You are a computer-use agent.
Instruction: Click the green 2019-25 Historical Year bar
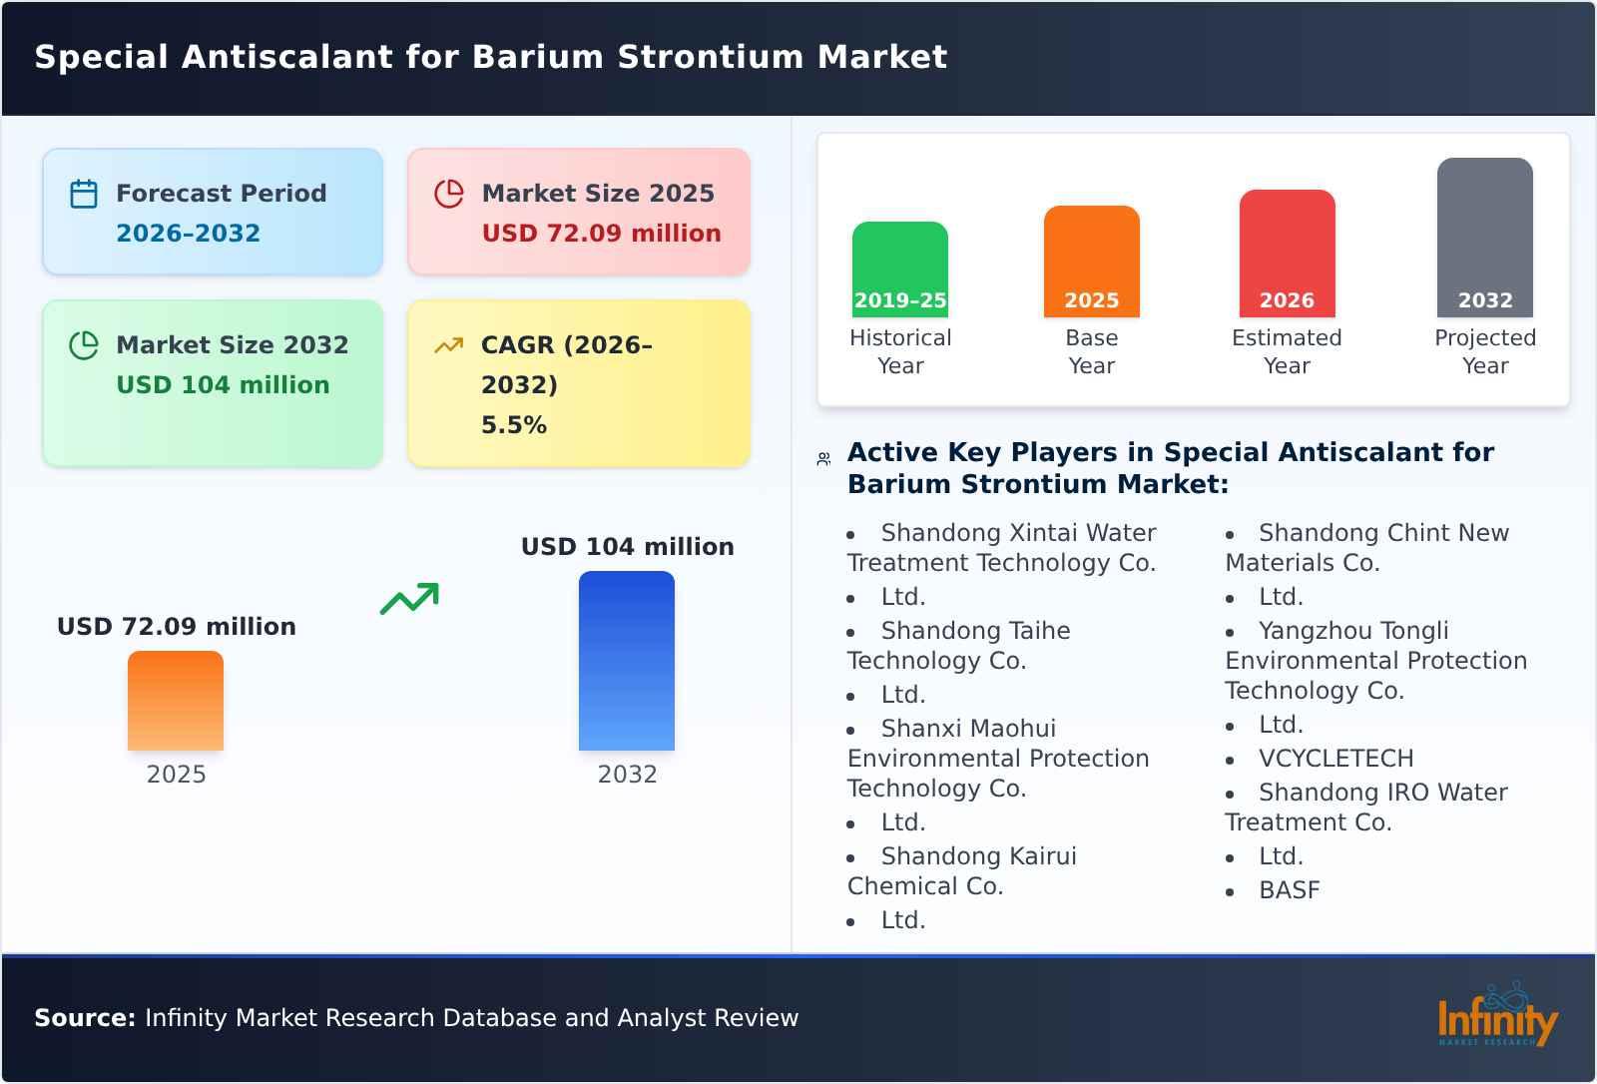899,270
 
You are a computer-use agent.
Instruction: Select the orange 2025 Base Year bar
1091,262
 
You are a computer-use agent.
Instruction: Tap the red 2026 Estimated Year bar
1287,254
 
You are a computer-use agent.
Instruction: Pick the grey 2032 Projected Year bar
1484,238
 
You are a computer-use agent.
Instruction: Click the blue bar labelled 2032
627,661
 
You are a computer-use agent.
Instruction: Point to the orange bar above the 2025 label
176,701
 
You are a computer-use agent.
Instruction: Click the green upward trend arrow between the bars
409,599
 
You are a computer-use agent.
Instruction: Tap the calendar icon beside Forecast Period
84,194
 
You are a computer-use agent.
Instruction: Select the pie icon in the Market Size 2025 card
449,194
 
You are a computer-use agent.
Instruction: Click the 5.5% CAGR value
514,425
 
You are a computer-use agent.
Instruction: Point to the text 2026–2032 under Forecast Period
188,234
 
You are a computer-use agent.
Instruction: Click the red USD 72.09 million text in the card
601,234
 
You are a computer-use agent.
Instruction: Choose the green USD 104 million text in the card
223,385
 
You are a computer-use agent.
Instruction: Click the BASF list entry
1289,890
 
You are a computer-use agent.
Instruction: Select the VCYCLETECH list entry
1335,759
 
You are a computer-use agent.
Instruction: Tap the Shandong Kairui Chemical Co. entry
962,870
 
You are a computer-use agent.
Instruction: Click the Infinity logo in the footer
1496,1018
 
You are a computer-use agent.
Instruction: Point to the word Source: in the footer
85,1018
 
